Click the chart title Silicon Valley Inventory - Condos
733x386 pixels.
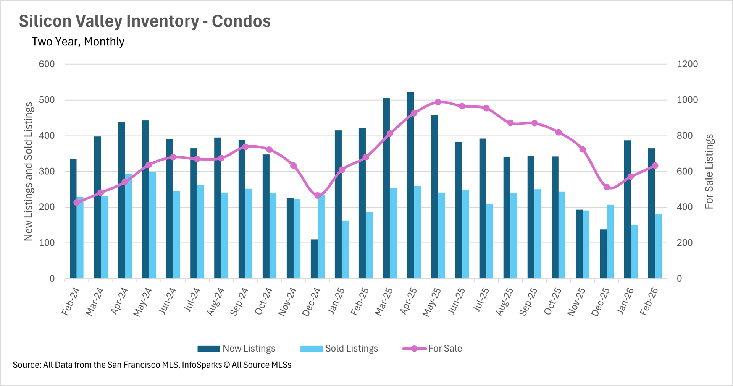(x=145, y=21)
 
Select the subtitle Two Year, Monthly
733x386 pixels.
(x=78, y=42)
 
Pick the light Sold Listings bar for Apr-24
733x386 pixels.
(x=129, y=226)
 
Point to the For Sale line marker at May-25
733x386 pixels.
(x=438, y=102)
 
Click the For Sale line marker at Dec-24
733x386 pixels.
(x=318, y=196)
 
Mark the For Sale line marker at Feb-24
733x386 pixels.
(x=77, y=203)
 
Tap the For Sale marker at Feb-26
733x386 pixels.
(x=655, y=165)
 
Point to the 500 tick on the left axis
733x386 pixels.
(x=47, y=100)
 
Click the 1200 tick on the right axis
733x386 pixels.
(x=687, y=64)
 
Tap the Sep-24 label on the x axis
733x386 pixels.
(x=239, y=302)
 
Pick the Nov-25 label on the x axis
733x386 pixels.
(x=576, y=302)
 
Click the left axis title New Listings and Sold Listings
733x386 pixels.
(x=29, y=172)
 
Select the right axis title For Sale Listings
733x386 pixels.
(x=709, y=172)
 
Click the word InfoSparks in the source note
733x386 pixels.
(x=202, y=365)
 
